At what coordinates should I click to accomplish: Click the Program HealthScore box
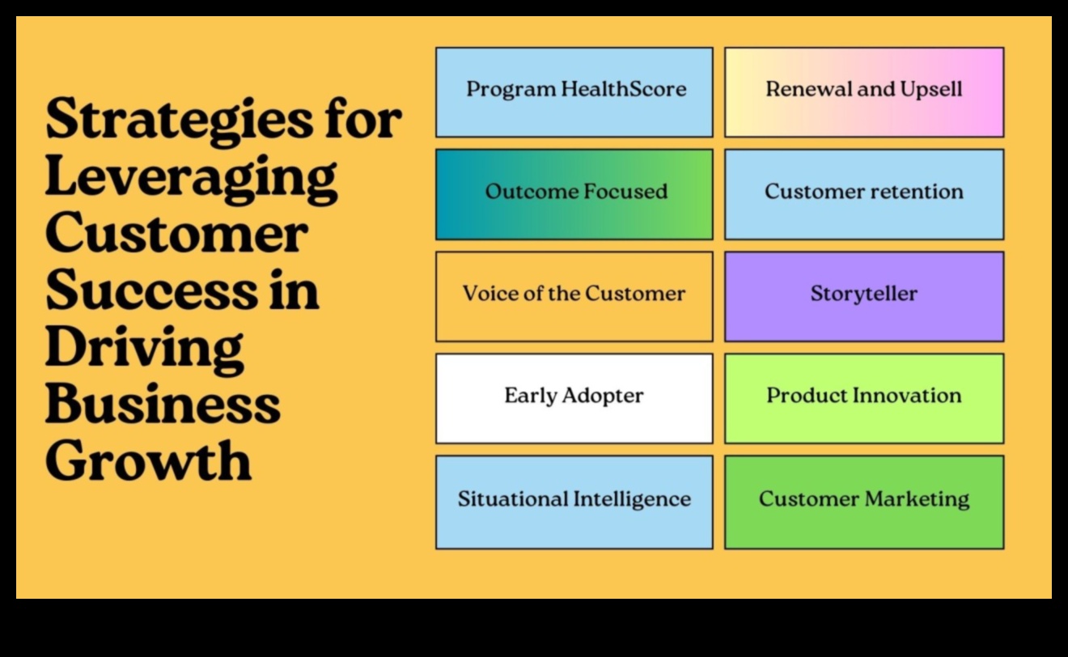pyautogui.click(x=574, y=92)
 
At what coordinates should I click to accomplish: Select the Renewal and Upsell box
pyautogui.click(x=864, y=92)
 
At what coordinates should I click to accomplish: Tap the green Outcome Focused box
pyautogui.click(x=574, y=194)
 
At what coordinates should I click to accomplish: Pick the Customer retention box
pyautogui.click(x=864, y=194)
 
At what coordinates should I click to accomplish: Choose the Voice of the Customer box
pyautogui.click(x=574, y=296)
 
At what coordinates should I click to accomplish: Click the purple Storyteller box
pyautogui.click(x=864, y=296)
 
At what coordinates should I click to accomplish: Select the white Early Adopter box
pyautogui.click(x=574, y=398)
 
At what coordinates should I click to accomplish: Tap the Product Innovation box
pyautogui.click(x=864, y=398)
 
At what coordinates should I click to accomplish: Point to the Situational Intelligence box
pyautogui.click(x=574, y=502)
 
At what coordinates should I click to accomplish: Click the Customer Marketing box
pyautogui.click(x=864, y=502)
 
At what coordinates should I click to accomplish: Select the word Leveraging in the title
pyautogui.click(x=191, y=178)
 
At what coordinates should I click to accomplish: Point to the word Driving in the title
pyautogui.click(x=144, y=348)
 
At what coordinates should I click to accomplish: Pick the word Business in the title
pyautogui.click(x=163, y=405)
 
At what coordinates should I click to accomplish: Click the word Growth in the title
pyautogui.click(x=148, y=461)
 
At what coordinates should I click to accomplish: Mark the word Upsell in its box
pyautogui.click(x=930, y=89)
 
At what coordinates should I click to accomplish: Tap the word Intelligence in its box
pyautogui.click(x=632, y=499)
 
